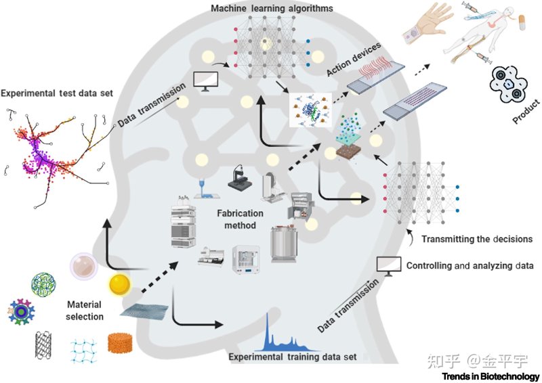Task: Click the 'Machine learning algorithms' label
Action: coord(272,8)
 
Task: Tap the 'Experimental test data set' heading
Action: coord(57,93)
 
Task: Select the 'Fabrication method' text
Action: coord(241,219)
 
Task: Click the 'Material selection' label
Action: coord(85,311)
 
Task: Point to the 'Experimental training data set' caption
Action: coord(293,357)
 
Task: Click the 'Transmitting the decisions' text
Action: coord(477,239)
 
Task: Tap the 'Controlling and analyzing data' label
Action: coord(470,265)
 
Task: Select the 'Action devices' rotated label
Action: coord(354,59)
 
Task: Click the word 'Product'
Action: coord(526,111)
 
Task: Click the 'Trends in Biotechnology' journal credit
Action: coord(491,376)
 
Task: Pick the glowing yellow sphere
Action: coord(120,285)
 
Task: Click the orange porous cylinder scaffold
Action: coord(120,342)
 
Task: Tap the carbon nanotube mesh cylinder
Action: coord(43,344)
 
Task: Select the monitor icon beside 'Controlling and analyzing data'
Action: coord(388,266)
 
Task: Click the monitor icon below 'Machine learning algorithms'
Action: coord(205,81)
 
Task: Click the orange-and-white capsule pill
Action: coord(522,22)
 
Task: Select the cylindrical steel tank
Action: coord(284,244)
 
